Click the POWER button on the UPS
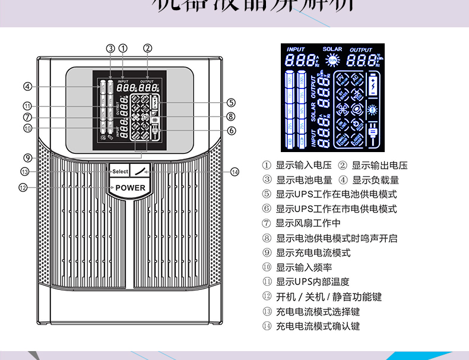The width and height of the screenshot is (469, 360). [130, 188]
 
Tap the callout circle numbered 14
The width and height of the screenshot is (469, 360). [235, 172]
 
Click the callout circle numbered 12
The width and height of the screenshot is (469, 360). [23, 188]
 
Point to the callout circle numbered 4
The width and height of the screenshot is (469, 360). [27, 87]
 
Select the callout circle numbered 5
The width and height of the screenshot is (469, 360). [231, 102]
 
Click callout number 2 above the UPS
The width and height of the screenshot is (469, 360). [148, 48]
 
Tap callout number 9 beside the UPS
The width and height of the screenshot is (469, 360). [27, 157]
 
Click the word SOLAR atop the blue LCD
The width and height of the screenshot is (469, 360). [332, 49]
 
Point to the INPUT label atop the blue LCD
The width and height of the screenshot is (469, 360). [296, 49]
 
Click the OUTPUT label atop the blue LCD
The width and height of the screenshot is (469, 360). [361, 49]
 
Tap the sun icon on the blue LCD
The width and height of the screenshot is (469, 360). [332, 59]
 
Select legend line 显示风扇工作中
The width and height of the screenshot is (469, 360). [308, 223]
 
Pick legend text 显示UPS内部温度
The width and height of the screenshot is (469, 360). [312, 282]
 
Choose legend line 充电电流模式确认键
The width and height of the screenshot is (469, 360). [318, 326]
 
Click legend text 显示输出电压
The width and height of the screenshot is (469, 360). [380, 165]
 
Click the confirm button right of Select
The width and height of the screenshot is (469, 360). [140, 171]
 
